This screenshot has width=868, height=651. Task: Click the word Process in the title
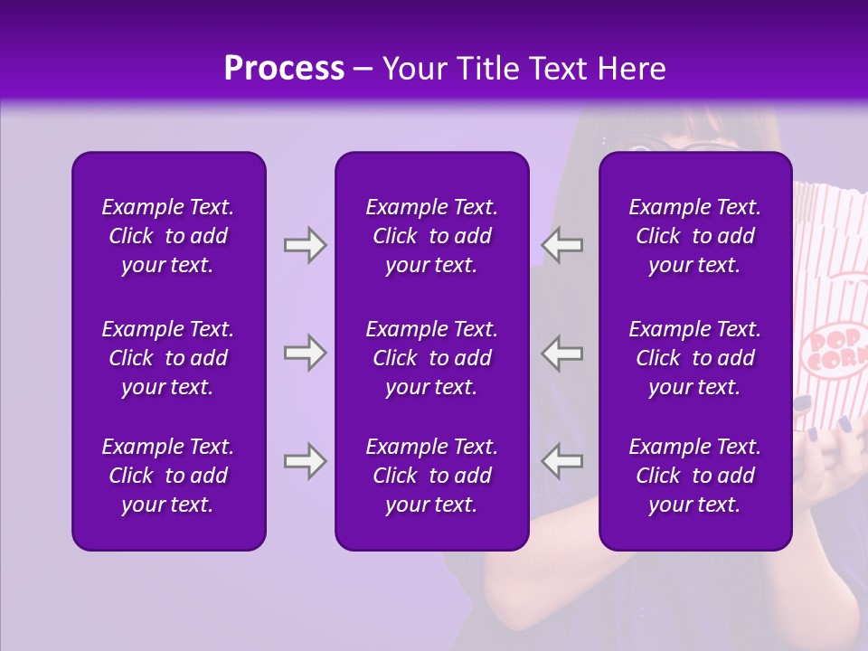[x=284, y=68]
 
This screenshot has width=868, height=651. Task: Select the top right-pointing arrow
[x=305, y=245]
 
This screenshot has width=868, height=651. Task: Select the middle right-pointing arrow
[x=305, y=353]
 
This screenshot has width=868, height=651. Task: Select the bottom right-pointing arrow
[x=305, y=461]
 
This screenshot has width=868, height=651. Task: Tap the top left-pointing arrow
[x=561, y=245]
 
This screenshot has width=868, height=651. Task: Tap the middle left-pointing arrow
[x=561, y=353]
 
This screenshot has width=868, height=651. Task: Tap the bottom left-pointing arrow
[x=561, y=461]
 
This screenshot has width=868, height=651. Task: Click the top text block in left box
[x=168, y=236]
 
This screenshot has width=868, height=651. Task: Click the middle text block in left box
[x=168, y=358]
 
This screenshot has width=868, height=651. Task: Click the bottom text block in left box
[x=168, y=476]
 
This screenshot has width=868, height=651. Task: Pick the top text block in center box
[x=431, y=236]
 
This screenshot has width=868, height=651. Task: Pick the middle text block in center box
[x=431, y=358]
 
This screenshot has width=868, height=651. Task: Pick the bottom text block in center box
[x=431, y=476]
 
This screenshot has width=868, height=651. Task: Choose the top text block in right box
[x=694, y=236]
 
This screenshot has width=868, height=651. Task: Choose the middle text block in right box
[x=694, y=358]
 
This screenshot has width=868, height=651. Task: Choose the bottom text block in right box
[x=694, y=476]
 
